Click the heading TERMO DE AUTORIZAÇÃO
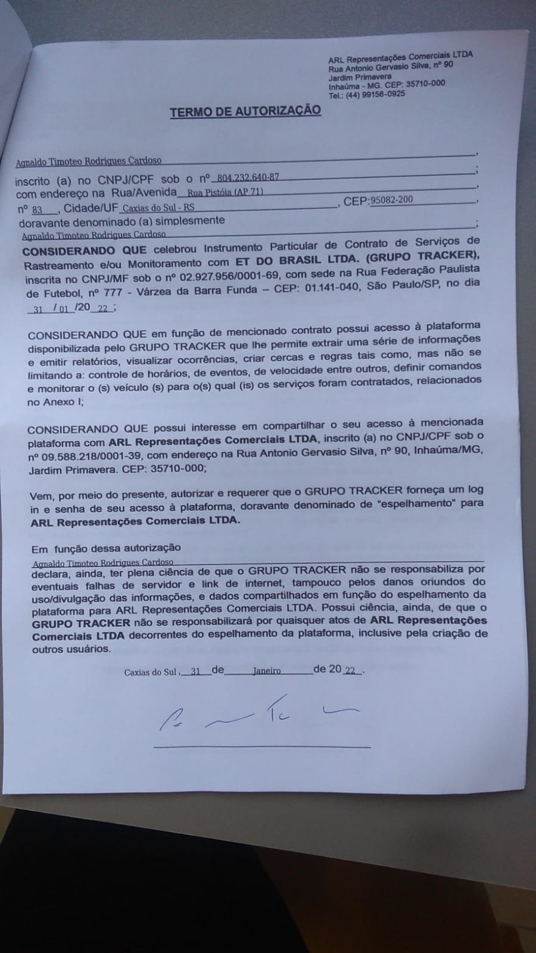coord(245,111)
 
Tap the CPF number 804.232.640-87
coord(248,177)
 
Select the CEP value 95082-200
coord(391,200)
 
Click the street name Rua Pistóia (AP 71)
coord(225,192)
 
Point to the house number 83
coord(38,210)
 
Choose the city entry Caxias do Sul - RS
coord(158,208)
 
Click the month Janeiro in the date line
coord(266,671)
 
